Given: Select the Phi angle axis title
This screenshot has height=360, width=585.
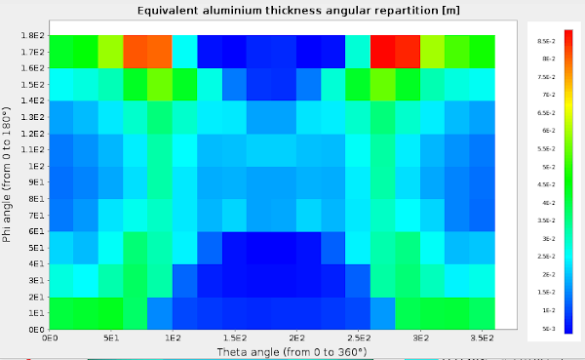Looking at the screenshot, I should pyautogui.click(x=9, y=181).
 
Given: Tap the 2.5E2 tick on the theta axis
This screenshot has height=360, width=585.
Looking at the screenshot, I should pyautogui.click(x=358, y=338).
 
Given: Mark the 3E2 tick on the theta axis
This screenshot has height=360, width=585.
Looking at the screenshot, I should pyautogui.click(x=420, y=338).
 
